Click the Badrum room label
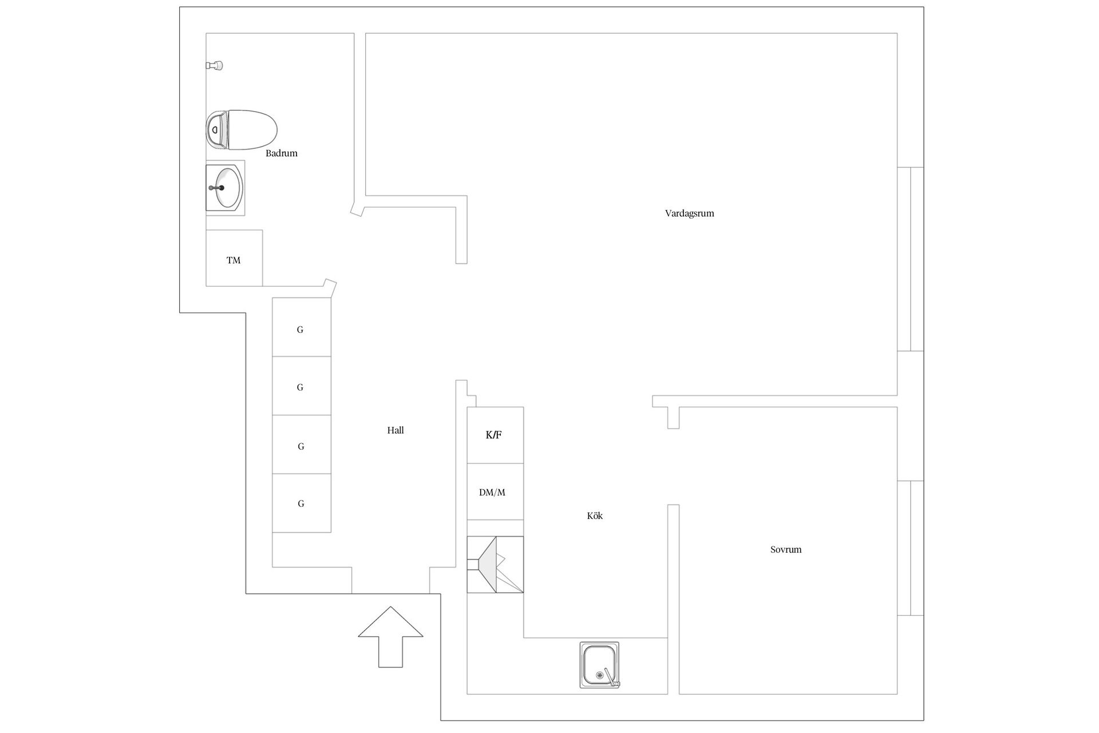[281, 153]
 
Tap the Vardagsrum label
[689, 214]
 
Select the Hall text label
[395, 431]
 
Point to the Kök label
[595, 516]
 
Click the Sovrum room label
[785, 550]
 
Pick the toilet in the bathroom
[241, 130]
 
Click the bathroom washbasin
[226, 188]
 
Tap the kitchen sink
[599, 665]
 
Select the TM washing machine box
[234, 258]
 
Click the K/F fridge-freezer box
[495, 435]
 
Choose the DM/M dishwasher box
[495, 491]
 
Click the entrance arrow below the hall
[390, 637]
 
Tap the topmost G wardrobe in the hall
[302, 327]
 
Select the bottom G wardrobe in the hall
[302, 503]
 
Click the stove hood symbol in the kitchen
[495, 565]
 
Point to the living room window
[910, 259]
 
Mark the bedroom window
[910, 548]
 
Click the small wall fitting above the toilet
[214, 66]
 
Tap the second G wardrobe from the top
[302, 386]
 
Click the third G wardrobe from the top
[302, 444]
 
